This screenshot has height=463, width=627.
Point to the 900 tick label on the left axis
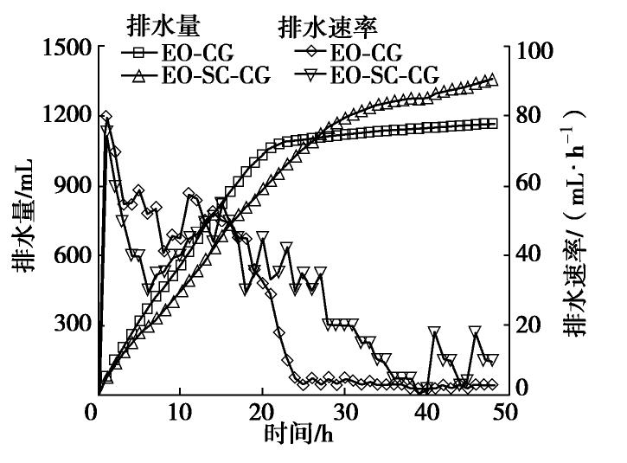tap(71, 185)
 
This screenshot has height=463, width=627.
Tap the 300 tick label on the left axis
tap(71, 325)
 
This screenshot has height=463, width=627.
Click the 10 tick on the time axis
tap(179, 410)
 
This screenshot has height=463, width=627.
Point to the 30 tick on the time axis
tap(344, 410)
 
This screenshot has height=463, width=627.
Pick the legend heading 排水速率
tap(319, 27)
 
